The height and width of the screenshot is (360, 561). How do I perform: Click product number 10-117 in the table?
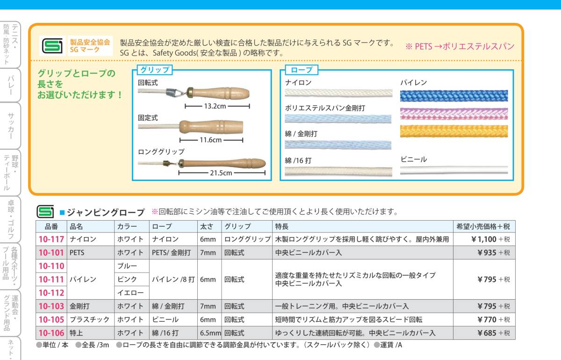[x=51, y=239]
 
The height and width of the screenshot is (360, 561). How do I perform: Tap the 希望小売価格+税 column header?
[x=484, y=226]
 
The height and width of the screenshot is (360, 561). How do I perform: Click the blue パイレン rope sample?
[x=453, y=96]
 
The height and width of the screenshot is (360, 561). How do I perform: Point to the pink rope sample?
[x=453, y=114]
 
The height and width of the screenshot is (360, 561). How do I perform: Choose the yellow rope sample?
[x=453, y=131]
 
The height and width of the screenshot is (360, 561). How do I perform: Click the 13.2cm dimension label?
[x=215, y=106]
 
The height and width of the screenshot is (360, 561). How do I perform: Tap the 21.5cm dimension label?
[x=221, y=173]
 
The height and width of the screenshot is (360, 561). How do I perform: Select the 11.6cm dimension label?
[x=210, y=140]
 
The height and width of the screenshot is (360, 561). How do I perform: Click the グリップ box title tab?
[x=154, y=70]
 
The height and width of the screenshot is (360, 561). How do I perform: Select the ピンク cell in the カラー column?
[x=127, y=280]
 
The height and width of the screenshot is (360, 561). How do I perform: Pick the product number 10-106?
[x=51, y=333]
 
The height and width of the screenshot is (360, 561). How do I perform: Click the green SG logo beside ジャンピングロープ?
[x=45, y=212]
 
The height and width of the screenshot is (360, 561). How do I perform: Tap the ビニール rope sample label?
[x=413, y=159]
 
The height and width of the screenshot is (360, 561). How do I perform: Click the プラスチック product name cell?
[x=90, y=320]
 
